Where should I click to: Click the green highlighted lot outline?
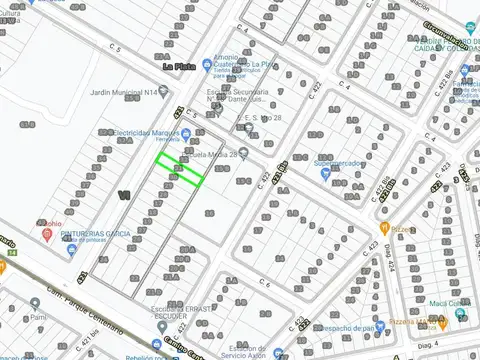click(180, 169)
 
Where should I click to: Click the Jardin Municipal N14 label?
click(123, 92)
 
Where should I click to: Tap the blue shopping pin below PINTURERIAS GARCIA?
click(72, 249)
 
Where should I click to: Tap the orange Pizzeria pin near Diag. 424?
click(397, 227)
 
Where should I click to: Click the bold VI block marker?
click(124, 194)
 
